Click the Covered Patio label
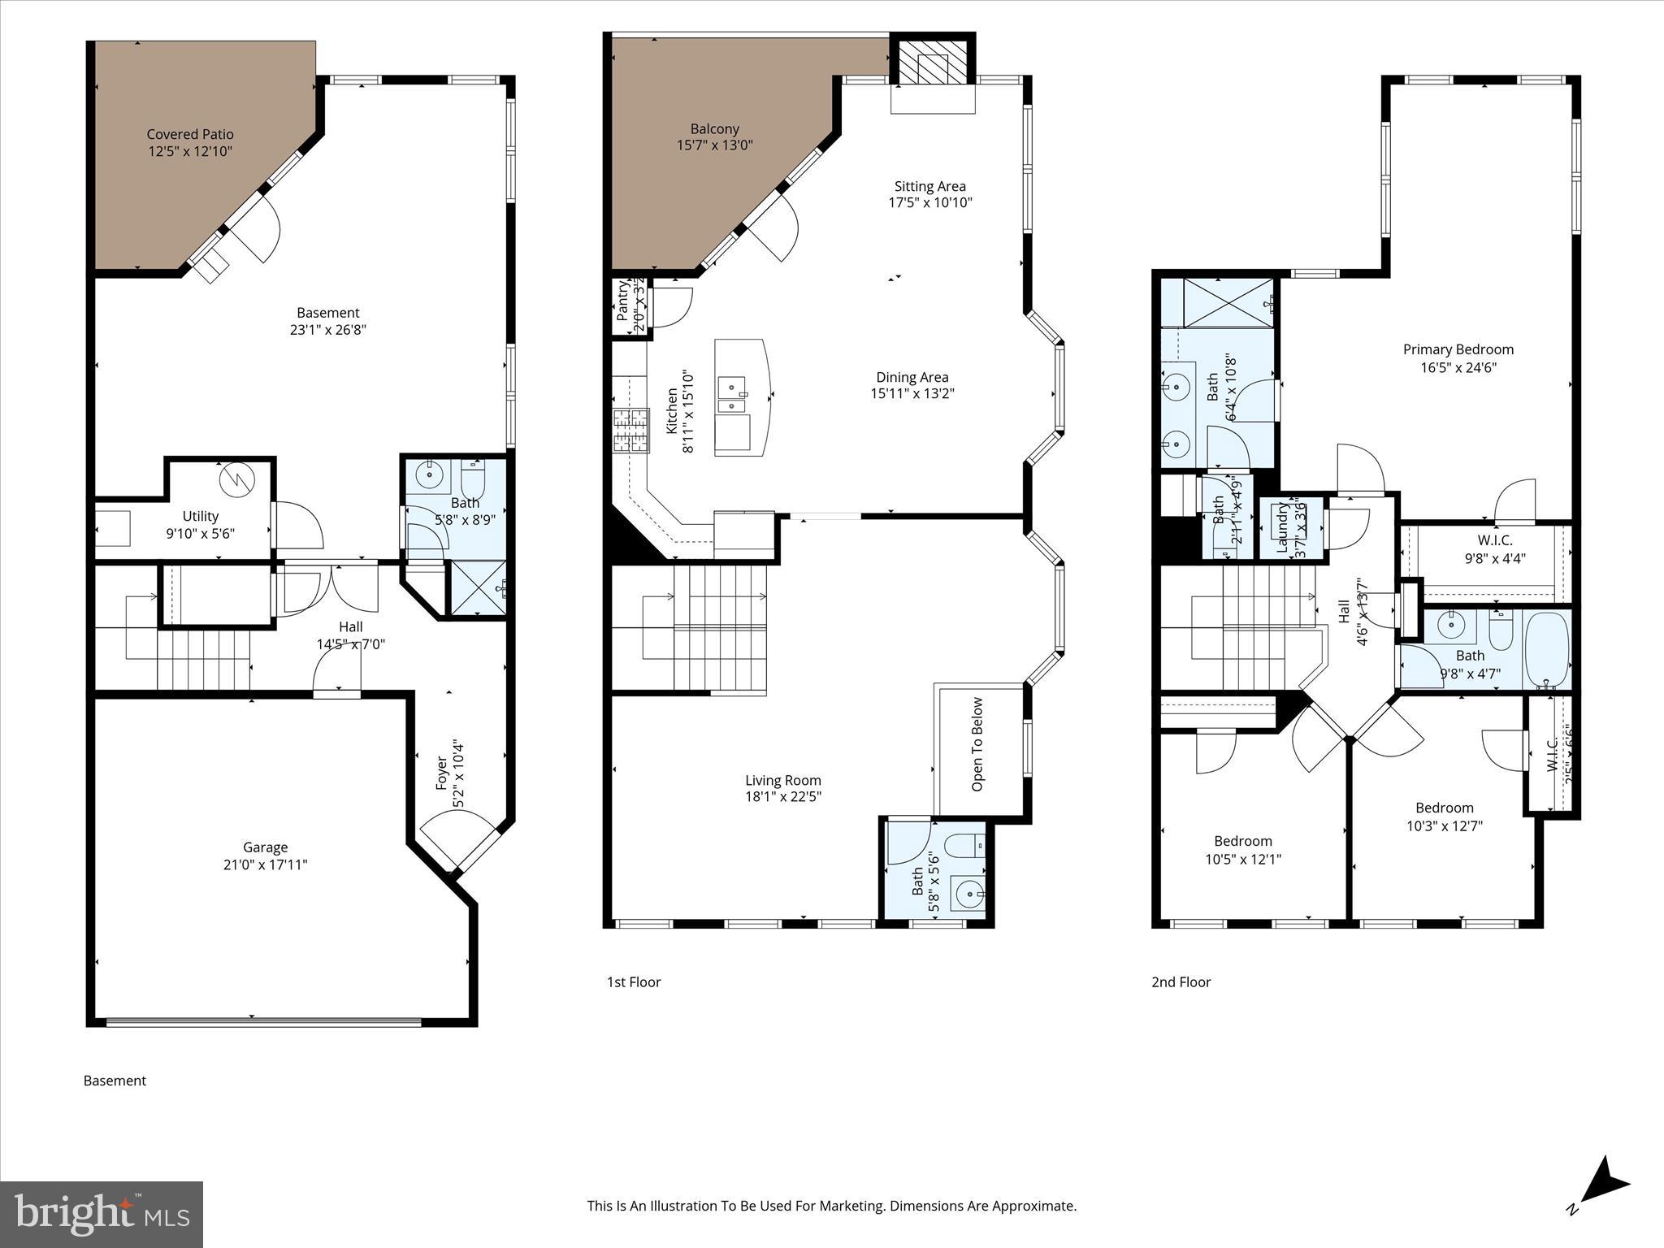[x=190, y=134]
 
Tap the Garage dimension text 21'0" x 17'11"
[x=265, y=864]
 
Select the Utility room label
[x=200, y=516]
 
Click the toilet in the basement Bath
[x=473, y=480]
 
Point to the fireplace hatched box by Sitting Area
[x=932, y=61]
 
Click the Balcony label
[x=714, y=128]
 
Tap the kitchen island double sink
[x=733, y=395]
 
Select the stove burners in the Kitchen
[x=631, y=431]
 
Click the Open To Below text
[x=977, y=744]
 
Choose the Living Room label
[x=782, y=780]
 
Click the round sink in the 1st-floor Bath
[x=967, y=895]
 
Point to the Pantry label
[x=624, y=301]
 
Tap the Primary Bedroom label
[x=1458, y=349]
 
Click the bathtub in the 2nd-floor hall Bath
[x=1546, y=649]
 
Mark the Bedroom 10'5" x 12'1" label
[x=1242, y=841]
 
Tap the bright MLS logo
[x=102, y=1215]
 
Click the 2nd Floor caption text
[x=1181, y=981]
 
